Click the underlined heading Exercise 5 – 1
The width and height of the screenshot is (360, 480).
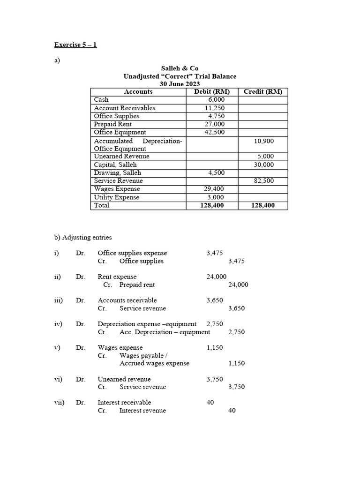click(x=75, y=45)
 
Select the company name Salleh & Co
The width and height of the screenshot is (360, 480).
click(x=180, y=68)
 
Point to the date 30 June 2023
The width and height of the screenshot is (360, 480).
click(x=180, y=84)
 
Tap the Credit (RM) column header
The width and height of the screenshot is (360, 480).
click(x=263, y=92)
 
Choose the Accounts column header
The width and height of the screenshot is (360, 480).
click(x=138, y=92)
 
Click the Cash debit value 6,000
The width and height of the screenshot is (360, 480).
click(x=216, y=100)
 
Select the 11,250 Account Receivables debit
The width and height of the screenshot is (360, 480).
click(x=214, y=108)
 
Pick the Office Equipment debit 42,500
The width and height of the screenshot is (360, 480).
click(x=214, y=132)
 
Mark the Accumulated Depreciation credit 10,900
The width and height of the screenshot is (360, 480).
click(x=264, y=141)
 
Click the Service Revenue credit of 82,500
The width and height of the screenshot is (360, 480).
click(x=264, y=181)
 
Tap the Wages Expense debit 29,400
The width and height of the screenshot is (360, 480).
click(x=214, y=189)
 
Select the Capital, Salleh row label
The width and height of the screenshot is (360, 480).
click(x=115, y=165)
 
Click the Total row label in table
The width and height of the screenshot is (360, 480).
click(x=102, y=205)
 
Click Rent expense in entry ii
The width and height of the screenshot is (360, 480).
click(x=117, y=277)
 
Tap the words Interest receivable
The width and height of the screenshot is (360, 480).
click(x=124, y=402)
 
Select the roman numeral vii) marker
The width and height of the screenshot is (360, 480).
click(x=59, y=402)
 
